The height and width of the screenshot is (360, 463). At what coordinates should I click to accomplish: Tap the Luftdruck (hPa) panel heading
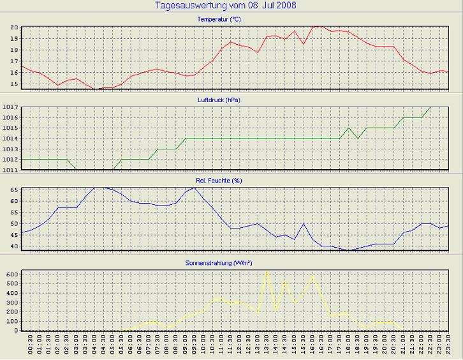pos(219,100)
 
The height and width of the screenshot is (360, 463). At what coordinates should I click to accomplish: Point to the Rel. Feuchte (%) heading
pos(219,181)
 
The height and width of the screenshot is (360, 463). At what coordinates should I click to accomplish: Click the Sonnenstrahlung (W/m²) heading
pos(219,262)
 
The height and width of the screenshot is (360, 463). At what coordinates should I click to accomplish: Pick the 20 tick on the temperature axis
pos(13,28)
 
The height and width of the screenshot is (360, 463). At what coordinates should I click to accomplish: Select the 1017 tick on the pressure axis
pos(10,108)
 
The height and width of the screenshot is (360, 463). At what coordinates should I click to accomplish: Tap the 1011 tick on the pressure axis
pos(10,169)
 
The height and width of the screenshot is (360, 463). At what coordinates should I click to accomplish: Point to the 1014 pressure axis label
pos(10,139)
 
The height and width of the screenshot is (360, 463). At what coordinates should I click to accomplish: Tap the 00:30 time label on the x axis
pos(31,347)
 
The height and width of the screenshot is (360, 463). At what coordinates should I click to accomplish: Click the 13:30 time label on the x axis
pos(266,347)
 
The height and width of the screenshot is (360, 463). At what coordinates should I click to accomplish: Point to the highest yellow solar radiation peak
pos(267,272)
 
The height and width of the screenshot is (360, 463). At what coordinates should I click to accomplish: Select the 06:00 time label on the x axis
pos(130,347)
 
